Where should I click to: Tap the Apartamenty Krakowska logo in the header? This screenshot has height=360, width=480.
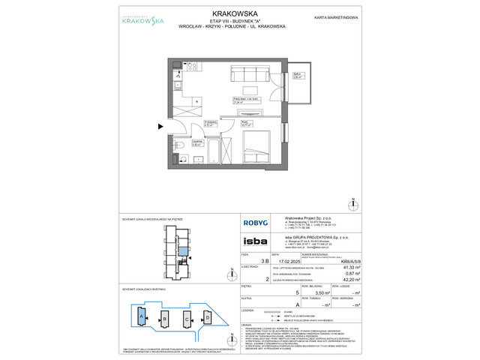(133, 20)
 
